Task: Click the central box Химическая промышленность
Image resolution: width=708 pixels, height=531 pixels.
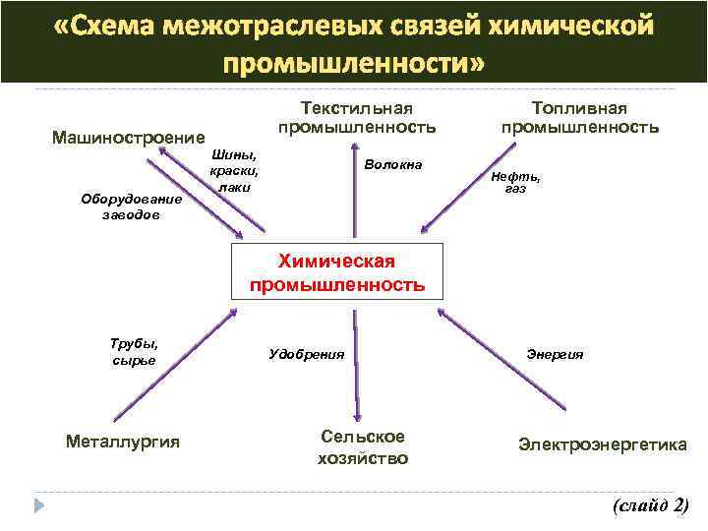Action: [336, 272]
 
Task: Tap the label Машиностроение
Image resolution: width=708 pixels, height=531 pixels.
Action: [129, 137]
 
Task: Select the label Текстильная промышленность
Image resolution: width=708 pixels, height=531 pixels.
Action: [356, 117]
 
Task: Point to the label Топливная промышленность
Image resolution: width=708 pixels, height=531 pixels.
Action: [579, 117]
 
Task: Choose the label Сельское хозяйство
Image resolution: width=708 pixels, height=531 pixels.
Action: [363, 447]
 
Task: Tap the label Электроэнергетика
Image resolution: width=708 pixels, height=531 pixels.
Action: [603, 444]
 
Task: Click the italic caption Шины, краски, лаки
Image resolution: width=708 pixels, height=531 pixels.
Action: [235, 169]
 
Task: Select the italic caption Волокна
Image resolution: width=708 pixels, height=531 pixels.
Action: [392, 164]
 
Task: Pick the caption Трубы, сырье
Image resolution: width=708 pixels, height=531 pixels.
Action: [135, 352]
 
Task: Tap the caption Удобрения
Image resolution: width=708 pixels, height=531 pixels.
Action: [307, 353]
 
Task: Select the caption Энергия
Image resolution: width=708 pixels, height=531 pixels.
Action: [555, 354]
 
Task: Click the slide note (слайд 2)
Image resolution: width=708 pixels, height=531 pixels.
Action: [650, 505]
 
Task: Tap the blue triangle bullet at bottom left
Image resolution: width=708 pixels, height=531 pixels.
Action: [38, 507]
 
